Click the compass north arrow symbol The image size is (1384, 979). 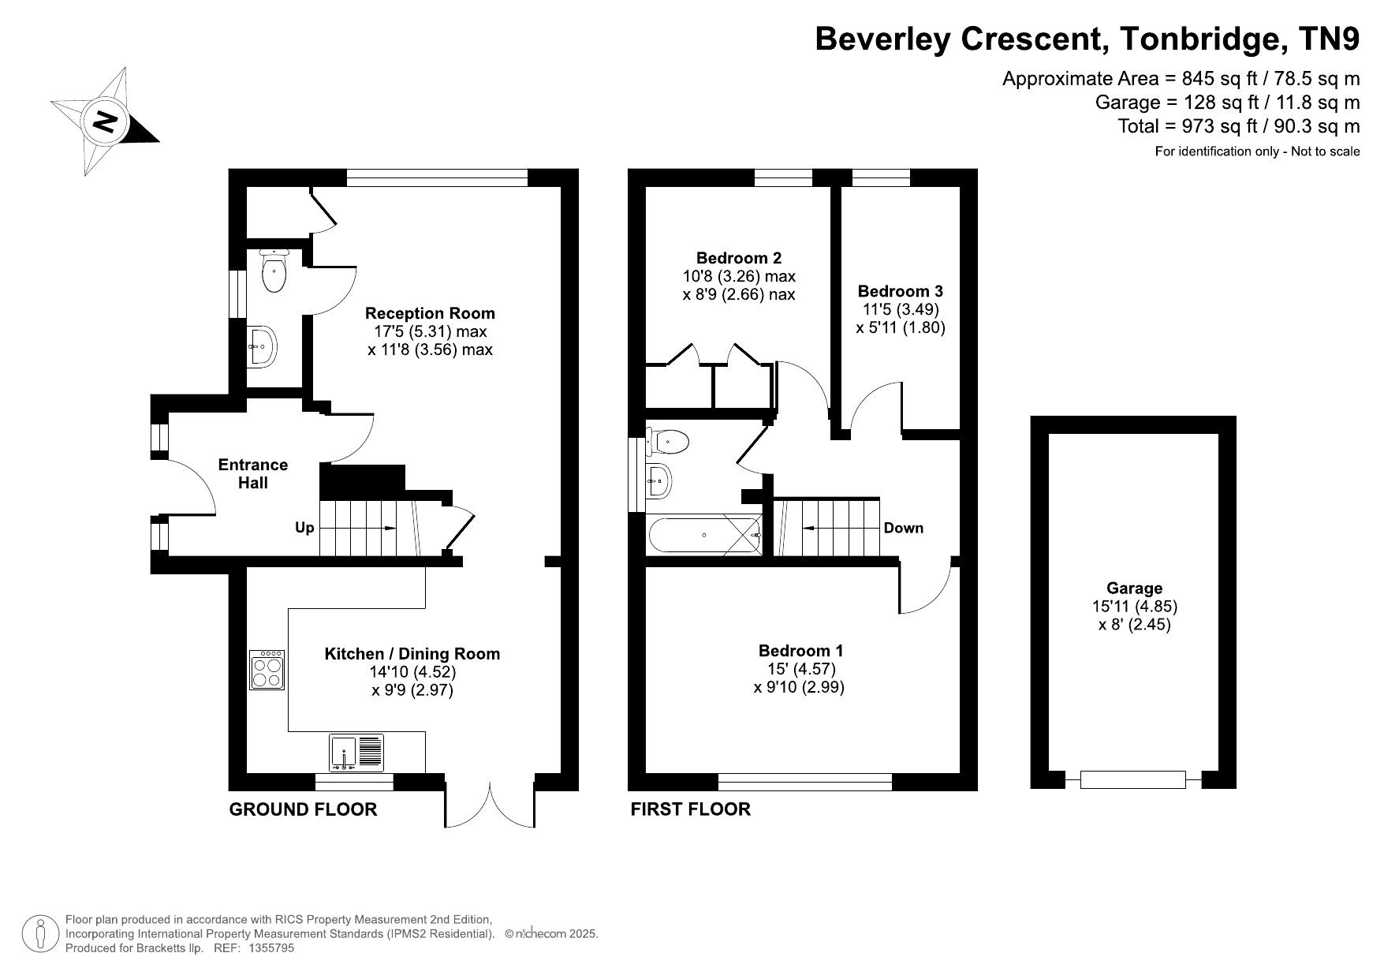[x=105, y=121]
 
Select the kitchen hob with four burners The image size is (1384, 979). [x=267, y=670]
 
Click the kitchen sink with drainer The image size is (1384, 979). [x=356, y=753]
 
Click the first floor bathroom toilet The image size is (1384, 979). [x=667, y=442]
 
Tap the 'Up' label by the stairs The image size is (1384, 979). [x=304, y=528]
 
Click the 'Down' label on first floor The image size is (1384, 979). [x=903, y=528]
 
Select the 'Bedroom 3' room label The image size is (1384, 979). [x=901, y=291]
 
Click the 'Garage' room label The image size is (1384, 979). [x=1134, y=588]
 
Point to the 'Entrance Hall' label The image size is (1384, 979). [x=253, y=473]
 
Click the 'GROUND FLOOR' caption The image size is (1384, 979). [x=303, y=809]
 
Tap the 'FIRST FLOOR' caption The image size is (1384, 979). [x=690, y=809]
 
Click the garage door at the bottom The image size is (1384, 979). [x=1132, y=779]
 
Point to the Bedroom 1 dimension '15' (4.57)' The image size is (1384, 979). [x=801, y=669]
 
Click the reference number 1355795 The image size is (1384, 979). [x=271, y=948]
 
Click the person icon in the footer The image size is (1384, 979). [x=39, y=934]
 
